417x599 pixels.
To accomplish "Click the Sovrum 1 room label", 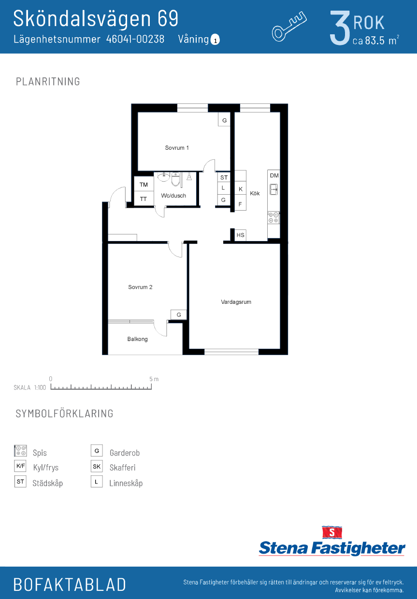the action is point(177,148).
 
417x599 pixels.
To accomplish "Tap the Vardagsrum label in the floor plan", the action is point(236,302).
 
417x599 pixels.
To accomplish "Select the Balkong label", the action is point(138,339).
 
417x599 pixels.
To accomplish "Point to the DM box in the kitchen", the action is point(274,175).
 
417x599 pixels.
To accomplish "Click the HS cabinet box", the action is point(240,235).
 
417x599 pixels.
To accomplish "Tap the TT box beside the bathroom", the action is point(144,199).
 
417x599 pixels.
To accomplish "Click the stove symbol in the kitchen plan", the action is point(273,217).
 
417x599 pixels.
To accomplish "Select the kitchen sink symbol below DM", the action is point(273,189).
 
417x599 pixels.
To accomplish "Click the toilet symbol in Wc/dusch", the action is point(175,179).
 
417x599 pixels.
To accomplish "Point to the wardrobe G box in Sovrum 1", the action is point(224,120).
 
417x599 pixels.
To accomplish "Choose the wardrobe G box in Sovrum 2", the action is point(179,315).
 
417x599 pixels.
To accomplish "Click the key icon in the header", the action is point(289,26).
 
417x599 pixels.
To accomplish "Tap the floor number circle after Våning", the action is point(216,40).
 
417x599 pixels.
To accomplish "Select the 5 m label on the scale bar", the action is point(154,379).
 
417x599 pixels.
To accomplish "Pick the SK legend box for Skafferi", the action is point(97,466).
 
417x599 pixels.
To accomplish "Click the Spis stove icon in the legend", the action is point(20,451).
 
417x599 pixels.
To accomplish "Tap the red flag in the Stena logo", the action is point(331,532).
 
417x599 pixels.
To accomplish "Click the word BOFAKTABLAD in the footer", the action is point(70,585).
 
